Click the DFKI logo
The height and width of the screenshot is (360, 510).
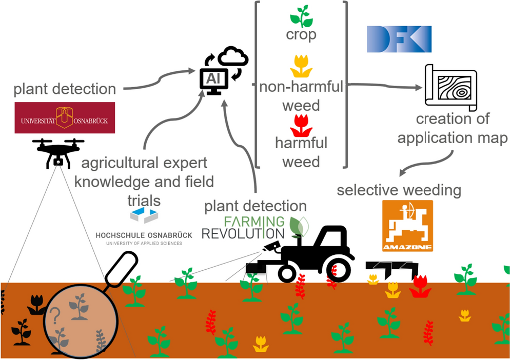click(399, 39)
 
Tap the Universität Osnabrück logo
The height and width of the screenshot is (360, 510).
click(65, 118)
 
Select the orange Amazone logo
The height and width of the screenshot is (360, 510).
click(407, 226)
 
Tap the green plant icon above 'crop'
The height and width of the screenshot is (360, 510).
click(301, 16)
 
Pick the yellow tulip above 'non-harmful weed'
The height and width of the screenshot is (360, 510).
click(301, 66)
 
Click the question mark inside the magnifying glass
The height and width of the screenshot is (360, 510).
click(54, 314)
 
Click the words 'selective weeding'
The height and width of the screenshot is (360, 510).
click(399, 190)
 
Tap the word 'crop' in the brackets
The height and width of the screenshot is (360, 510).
click(301, 35)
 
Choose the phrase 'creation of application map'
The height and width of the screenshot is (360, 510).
click(453, 128)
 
